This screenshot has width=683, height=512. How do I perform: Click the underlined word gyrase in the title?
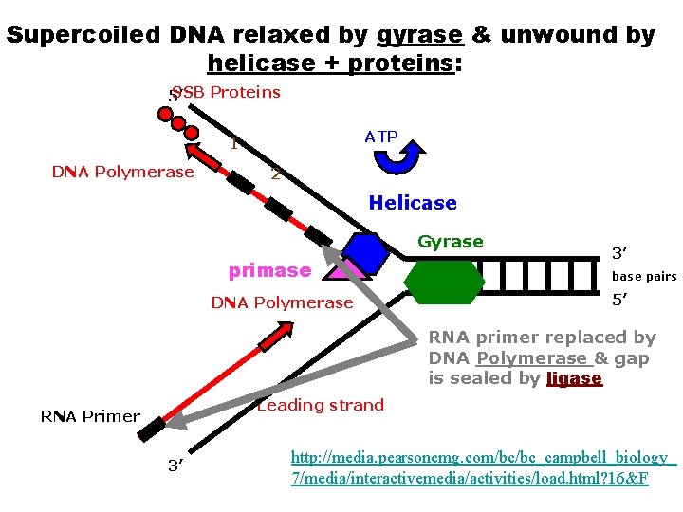click(x=419, y=35)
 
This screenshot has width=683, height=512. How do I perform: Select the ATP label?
click(x=381, y=137)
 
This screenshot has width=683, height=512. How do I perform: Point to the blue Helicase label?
click(x=413, y=203)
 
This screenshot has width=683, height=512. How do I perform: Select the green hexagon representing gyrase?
click(x=444, y=281)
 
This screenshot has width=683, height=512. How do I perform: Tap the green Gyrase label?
click(x=451, y=242)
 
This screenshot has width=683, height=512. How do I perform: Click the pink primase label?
click(x=269, y=270)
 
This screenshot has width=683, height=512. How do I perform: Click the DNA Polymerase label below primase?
click(x=282, y=302)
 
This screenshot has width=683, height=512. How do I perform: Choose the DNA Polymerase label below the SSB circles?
click(x=122, y=172)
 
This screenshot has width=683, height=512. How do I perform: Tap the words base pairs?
click(x=644, y=277)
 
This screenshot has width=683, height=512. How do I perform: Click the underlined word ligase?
click(x=575, y=378)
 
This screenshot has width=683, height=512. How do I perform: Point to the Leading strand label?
click(x=321, y=405)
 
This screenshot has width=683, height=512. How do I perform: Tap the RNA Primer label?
click(x=90, y=416)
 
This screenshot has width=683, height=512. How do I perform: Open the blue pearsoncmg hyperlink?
click(x=484, y=467)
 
